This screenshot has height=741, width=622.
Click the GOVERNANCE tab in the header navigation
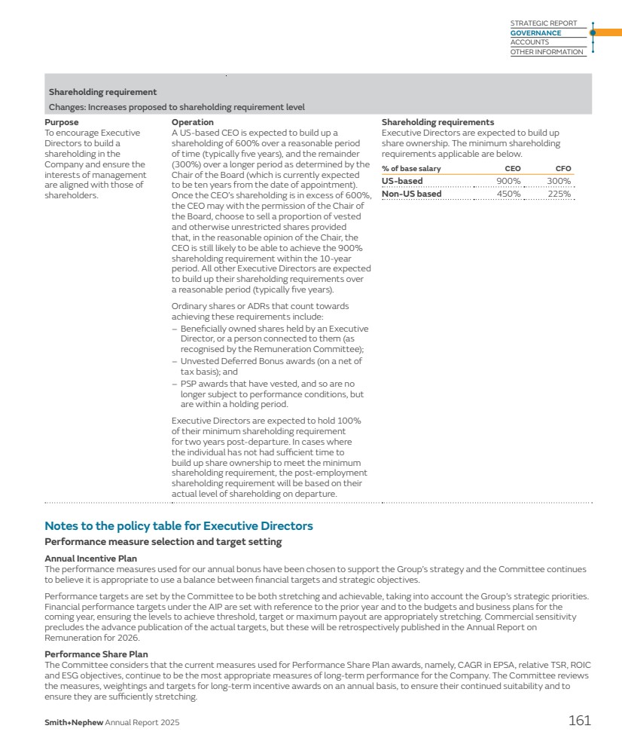pyautogui.click(x=535, y=33)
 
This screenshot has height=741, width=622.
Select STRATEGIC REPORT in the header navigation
pyautogui.click(x=543, y=23)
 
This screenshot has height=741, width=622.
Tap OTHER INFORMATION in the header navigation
pyautogui.click(x=547, y=52)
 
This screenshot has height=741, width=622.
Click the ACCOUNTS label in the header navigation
pyautogui.click(x=529, y=42)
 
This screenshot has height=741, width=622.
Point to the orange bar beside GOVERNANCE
pyautogui.click(x=608, y=32)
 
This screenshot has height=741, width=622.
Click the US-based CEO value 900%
pyautogui.click(x=508, y=181)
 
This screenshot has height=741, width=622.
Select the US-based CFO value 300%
pyautogui.click(x=559, y=181)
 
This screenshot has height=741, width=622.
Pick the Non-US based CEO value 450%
pyautogui.click(x=508, y=194)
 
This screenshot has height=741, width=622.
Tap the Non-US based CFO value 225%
pyautogui.click(x=559, y=194)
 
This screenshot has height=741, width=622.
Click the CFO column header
pyautogui.click(x=563, y=169)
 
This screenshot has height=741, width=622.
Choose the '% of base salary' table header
pyautogui.click(x=411, y=169)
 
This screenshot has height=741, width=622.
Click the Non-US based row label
pyautogui.click(x=411, y=194)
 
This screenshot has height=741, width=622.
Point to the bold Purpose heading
pyautogui.click(x=62, y=122)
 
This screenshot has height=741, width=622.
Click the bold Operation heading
pyautogui.click(x=193, y=122)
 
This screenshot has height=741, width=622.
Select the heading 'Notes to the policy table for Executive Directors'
pyautogui.click(x=178, y=526)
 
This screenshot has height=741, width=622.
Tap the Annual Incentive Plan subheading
pyautogui.click(x=91, y=559)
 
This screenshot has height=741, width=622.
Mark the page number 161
pyautogui.click(x=579, y=721)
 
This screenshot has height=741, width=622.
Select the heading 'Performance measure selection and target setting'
pyautogui.click(x=163, y=542)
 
